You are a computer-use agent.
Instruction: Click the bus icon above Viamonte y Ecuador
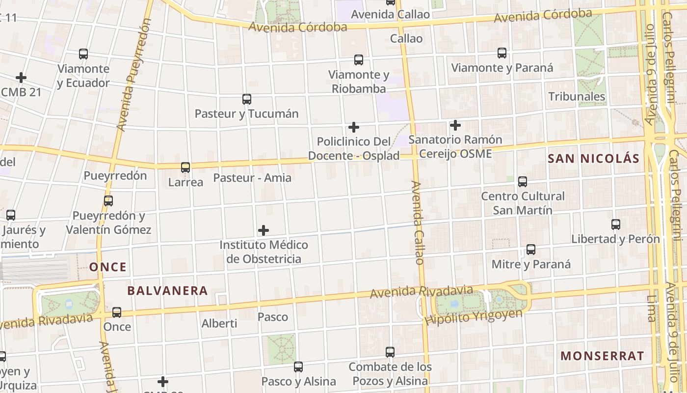pyautogui.click(x=83, y=54)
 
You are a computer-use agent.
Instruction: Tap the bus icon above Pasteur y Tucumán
pyautogui.click(x=247, y=99)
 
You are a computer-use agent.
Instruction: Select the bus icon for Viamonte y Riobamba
pyautogui.click(x=359, y=60)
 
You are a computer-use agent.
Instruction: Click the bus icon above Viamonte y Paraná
pyautogui.click(x=502, y=53)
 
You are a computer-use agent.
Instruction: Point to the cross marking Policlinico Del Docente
pyautogui.click(x=353, y=127)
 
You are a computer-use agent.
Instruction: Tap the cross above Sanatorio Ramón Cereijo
pyautogui.click(x=455, y=125)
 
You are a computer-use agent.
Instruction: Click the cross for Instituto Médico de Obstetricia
pyautogui.click(x=264, y=230)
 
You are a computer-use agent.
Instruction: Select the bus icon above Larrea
pyautogui.click(x=185, y=168)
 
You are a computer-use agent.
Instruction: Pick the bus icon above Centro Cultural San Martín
pyautogui.click(x=523, y=182)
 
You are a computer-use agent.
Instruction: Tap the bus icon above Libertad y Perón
pyautogui.click(x=616, y=225)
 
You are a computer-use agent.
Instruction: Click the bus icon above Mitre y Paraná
pyautogui.click(x=531, y=250)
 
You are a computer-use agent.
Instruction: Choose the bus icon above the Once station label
pyautogui.click(x=117, y=312)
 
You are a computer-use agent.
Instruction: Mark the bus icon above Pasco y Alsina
pyautogui.click(x=298, y=366)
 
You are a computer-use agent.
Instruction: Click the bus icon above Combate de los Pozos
pyautogui.click(x=390, y=352)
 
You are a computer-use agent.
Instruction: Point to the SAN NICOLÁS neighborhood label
pyautogui.click(x=593, y=158)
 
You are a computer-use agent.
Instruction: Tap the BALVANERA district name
pyautogui.click(x=167, y=290)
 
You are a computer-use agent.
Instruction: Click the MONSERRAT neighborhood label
pyautogui.click(x=602, y=356)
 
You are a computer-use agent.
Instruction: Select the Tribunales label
pyautogui.click(x=577, y=96)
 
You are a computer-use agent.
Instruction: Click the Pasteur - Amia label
pyautogui.click(x=252, y=178)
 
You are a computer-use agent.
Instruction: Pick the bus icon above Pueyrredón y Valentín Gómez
pyautogui.click(x=108, y=200)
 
